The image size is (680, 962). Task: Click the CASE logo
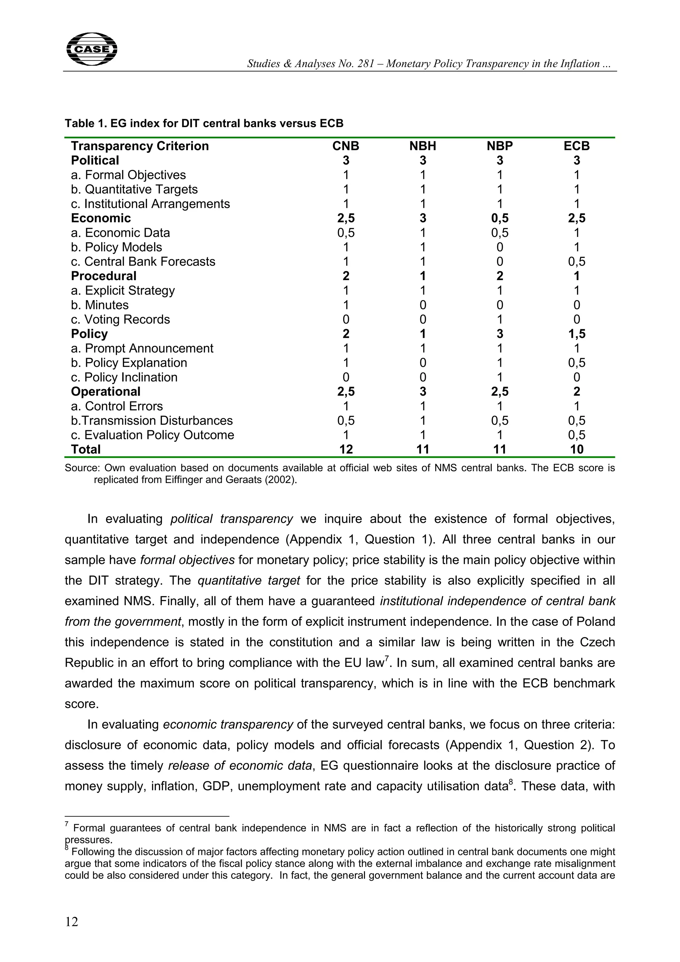coord(92,49)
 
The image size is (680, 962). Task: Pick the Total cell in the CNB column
coord(346,449)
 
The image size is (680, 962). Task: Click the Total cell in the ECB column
coord(576,449)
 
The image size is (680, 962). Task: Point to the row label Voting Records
coord(120,319)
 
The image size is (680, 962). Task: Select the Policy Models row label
coord(116,247)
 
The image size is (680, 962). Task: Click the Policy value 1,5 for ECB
coord(576,334)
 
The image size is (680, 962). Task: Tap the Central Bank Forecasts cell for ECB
coord(576,262)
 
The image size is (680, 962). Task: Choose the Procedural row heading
coord(104,276)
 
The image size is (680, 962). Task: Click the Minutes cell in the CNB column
coord(346,305)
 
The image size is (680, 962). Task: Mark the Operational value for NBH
coord(422,391)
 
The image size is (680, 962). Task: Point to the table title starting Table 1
coord(204,123)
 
